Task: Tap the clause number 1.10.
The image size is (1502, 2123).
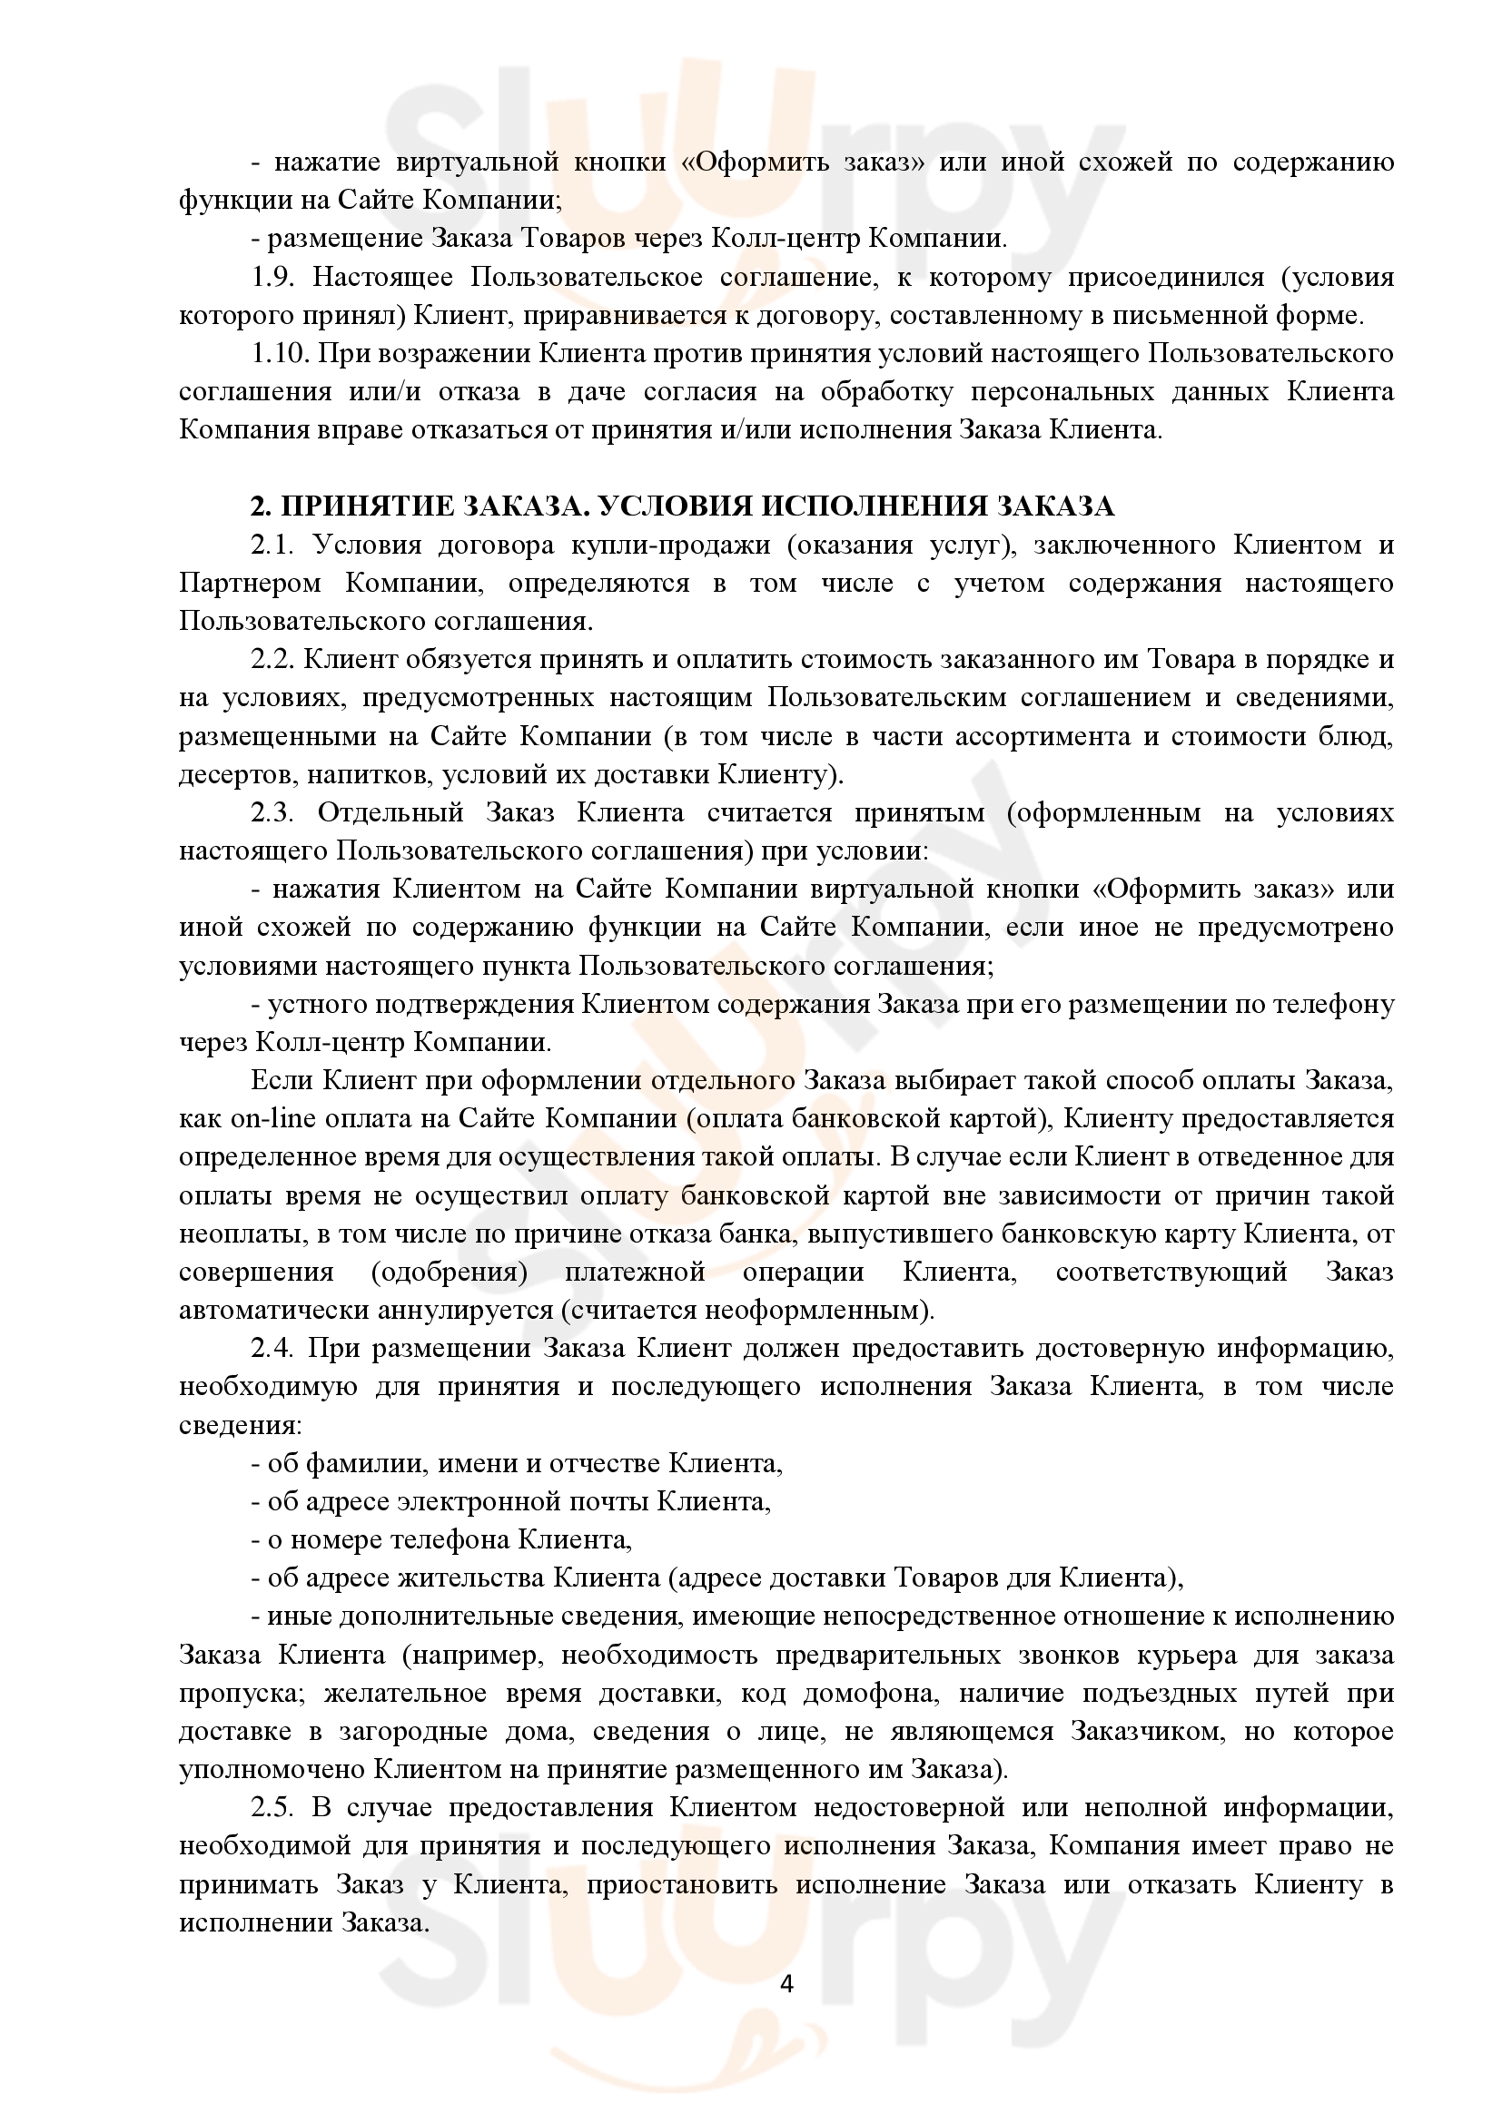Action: coord(282,354)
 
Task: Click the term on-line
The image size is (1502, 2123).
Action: coord(267,1119)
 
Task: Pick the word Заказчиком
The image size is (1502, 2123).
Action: coord(1144,1731)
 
